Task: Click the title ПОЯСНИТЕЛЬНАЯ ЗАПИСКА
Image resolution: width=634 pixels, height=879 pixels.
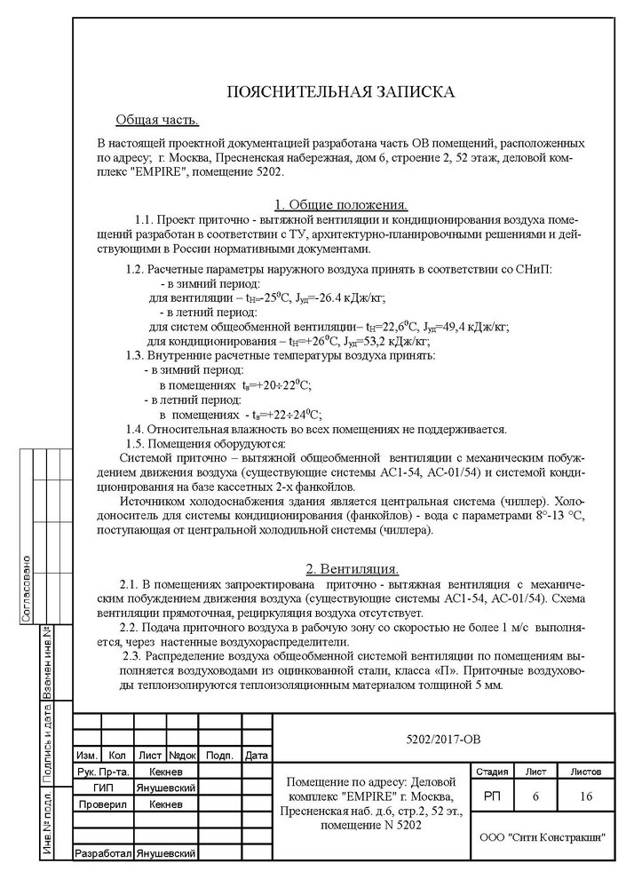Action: click(x=341, y=91)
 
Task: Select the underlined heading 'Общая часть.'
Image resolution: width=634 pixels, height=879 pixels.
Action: click(x=157, y=120)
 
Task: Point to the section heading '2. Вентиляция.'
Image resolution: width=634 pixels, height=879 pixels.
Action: click(x=353, y=568)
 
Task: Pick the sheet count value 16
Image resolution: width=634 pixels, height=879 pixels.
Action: click(x=586, y=798)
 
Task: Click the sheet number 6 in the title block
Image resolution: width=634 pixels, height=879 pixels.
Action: click(x=535, y=798)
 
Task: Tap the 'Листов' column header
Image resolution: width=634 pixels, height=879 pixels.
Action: click(x=586, y=772)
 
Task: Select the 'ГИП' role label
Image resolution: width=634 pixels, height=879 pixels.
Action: click(x=103, y=788)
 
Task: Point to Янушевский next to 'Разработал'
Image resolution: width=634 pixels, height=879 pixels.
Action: click(x=165, y=853)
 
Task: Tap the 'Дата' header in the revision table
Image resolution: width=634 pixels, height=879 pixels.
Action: click(x=256, y=756)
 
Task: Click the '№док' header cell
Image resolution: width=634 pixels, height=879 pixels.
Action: click(x=182, y=756)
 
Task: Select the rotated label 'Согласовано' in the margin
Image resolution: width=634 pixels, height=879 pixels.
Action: click(x=28, y=587)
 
